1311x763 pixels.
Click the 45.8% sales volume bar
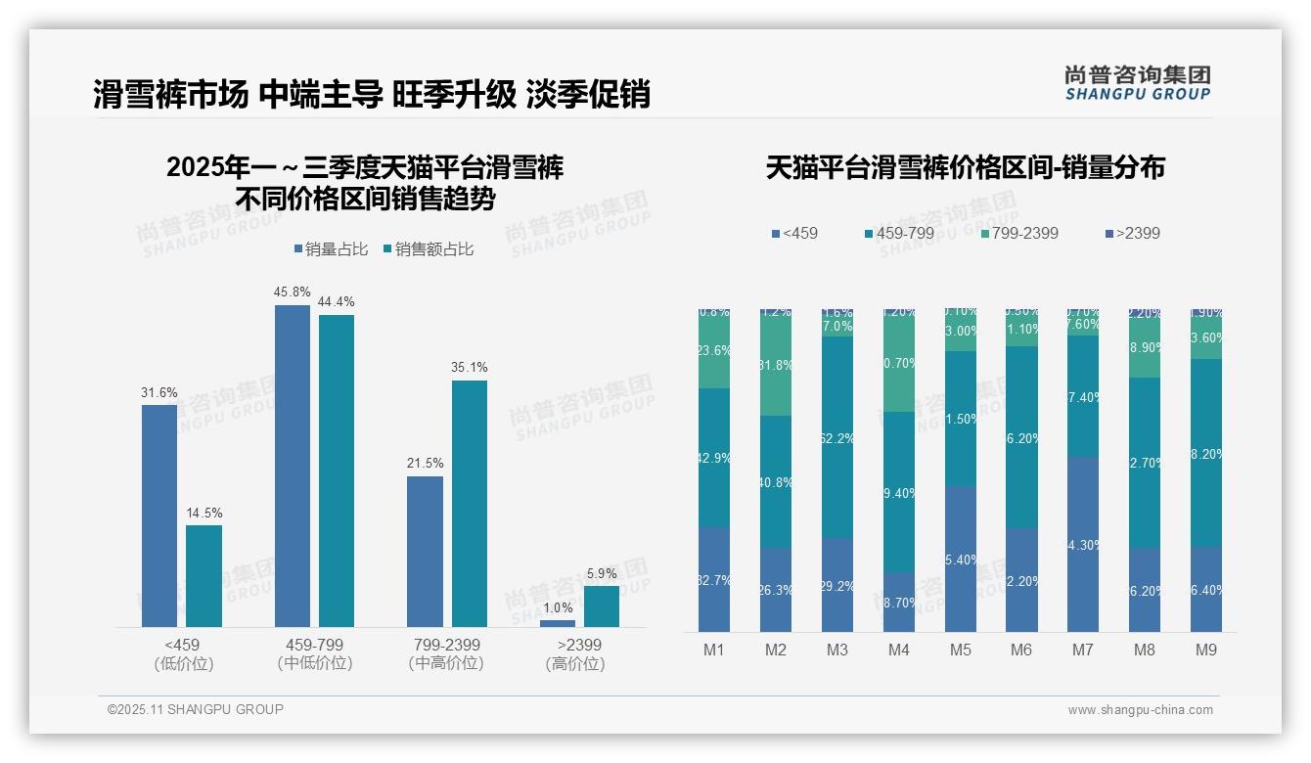[293, 466]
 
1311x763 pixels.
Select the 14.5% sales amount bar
[203, 576]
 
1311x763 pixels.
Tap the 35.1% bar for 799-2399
[469, 504]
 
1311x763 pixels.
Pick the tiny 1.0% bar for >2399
[558, 623]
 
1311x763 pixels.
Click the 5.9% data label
[602, 574]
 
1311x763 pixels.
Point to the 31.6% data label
[159, 393]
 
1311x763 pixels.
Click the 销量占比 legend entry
[332, 249]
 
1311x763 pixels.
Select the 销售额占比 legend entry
[429, 249]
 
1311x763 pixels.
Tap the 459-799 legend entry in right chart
[900, 234]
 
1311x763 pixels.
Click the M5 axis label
[960, 651]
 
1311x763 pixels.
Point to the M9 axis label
[1206, 651]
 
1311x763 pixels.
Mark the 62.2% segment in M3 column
[837, 437]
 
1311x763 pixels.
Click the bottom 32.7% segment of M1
[714, 580]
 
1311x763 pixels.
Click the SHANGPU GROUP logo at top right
[1138, 82]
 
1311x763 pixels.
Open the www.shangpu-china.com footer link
[1140, 710]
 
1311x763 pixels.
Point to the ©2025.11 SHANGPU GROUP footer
[196, 710]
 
